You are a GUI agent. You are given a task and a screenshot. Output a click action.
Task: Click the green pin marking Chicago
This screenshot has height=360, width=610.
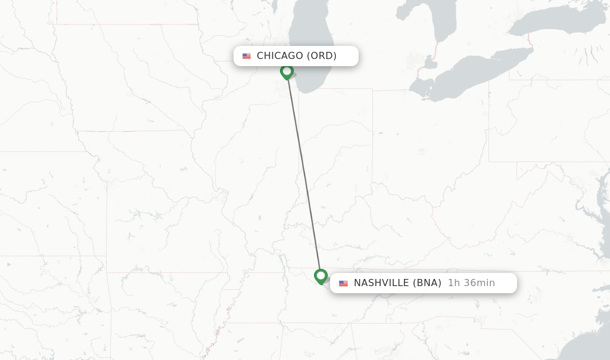pyautogui.click(x=287, y=72)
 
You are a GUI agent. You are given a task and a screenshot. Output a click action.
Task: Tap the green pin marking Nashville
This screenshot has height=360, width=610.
pyautogui.click(x=320, y=276)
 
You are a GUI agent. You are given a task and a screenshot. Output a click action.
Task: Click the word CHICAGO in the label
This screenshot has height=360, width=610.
pyautogui.click(x=279, y=56)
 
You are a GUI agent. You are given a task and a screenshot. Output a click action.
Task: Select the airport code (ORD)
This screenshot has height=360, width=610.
pyautogui.click(x=322, y=56)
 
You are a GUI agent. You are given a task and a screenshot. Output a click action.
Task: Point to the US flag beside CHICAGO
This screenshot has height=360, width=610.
pyautogui.click(x=247, y=56)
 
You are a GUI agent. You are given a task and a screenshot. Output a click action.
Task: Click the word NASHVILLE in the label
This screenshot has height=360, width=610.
pyautogui.click(x=381, y=283)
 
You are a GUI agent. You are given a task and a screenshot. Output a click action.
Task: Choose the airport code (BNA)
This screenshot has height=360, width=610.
pyautogui.click(x=427, y=283)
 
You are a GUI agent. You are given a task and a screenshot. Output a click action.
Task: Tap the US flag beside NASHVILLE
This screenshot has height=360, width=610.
pyautogui.click(x=344, y=284)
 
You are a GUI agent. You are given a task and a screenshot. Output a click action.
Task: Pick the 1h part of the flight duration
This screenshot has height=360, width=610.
pyautogui.click(x=453, y=283)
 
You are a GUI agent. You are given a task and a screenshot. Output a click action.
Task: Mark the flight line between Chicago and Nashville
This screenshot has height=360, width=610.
pyautogui.click(x=304, y=173)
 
